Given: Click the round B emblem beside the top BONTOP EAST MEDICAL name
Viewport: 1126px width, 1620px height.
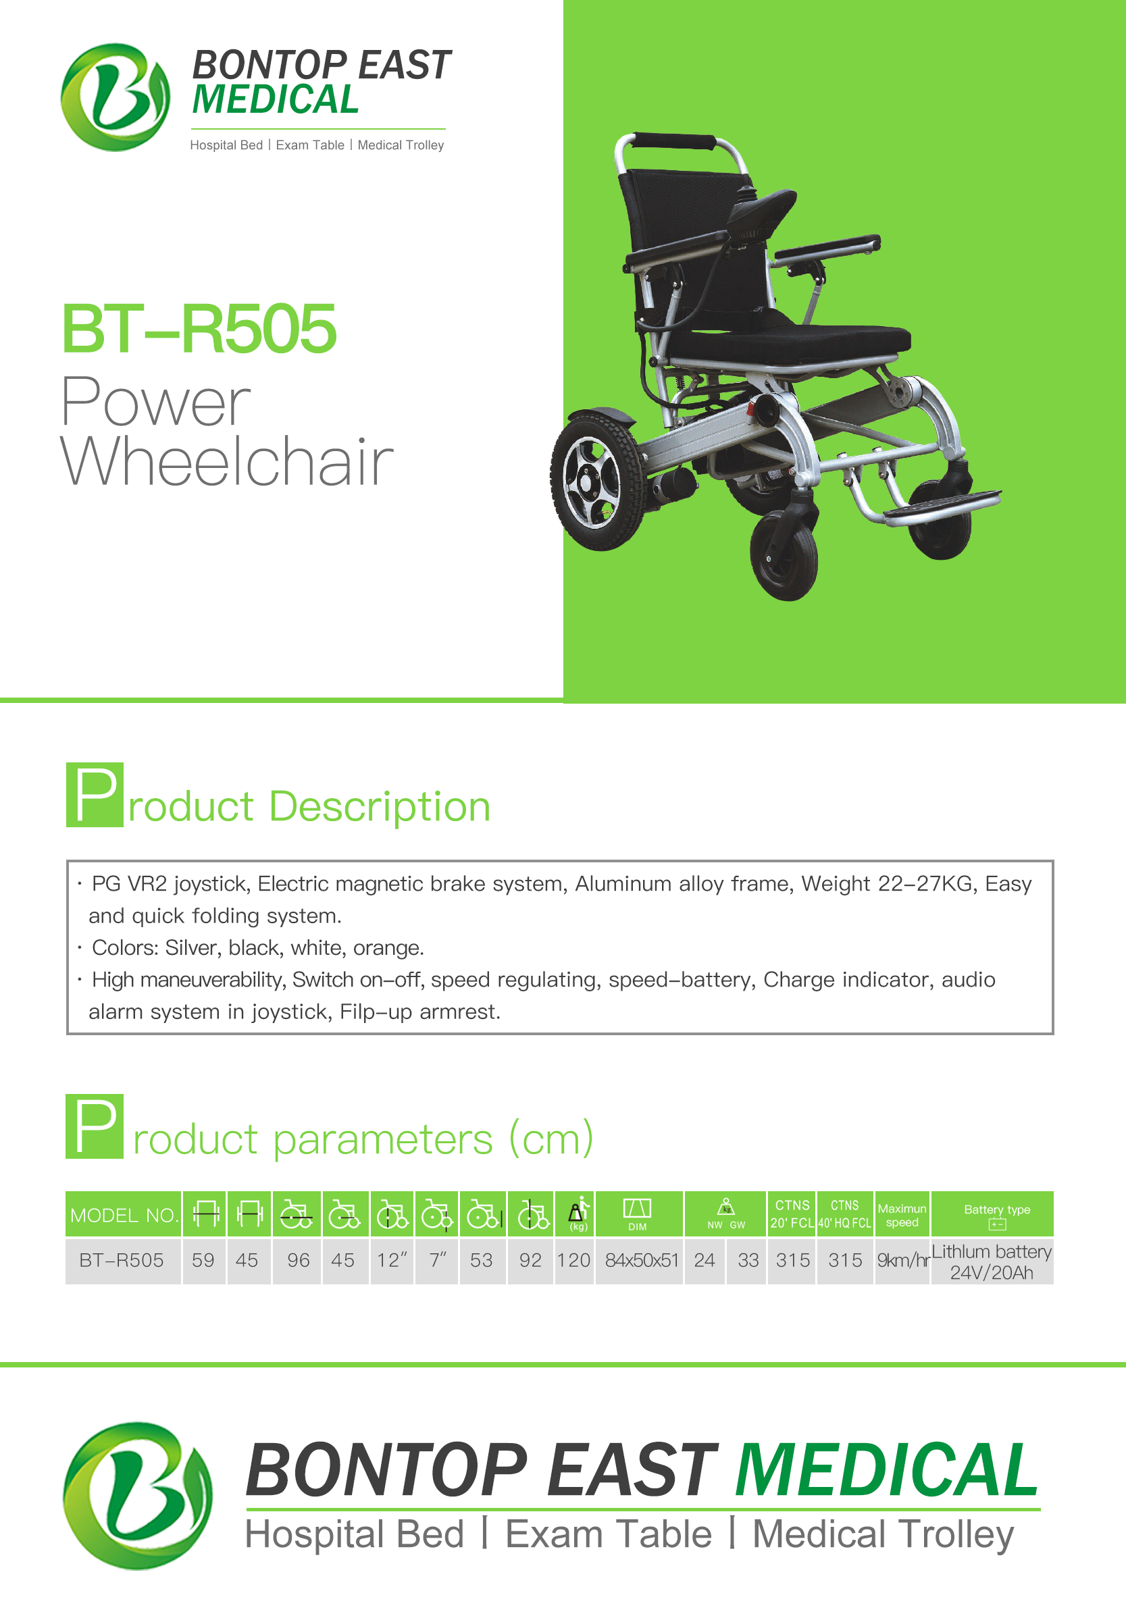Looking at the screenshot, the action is [x=115, y=97].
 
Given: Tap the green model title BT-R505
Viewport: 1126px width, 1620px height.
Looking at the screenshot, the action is [x=199, y=329].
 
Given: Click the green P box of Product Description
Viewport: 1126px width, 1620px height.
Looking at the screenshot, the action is [x=95, y=794].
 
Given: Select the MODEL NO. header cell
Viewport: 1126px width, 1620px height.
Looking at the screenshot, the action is [x=124, y=1213].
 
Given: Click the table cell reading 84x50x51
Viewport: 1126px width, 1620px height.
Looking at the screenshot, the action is [x=640, y=1260].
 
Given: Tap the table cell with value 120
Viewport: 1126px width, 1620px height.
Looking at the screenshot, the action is [x=574, y=1260].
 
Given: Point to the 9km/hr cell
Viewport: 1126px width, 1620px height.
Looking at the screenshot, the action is [x=902, y=1260].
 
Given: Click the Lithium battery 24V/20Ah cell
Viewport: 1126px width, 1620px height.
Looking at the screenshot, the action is [x=992, y=1261].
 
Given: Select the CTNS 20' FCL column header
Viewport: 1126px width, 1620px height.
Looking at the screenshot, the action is [x=792, y=1213].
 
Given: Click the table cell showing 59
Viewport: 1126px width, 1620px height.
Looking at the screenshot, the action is [x=203, y=1260].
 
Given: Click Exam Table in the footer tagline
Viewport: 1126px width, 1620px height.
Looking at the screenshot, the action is [x=608, y=1534].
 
